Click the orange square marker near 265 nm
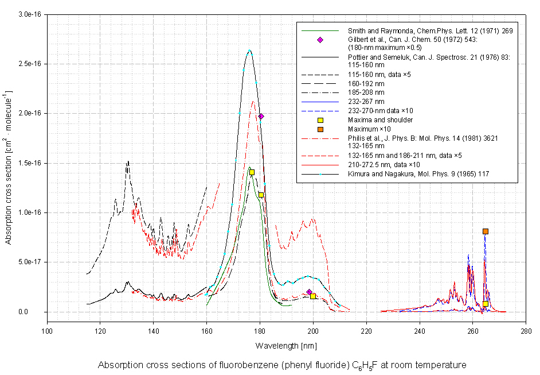(485, 231)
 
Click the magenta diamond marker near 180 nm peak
(261, 117)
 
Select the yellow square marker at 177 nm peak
(252, 172)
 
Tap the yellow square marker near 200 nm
(313, 296)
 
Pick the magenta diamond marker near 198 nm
(309, 292)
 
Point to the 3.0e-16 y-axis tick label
(30, 14)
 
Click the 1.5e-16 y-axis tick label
(30, 163)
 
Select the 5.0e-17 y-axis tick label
(30, 262)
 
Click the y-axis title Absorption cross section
(9, 167)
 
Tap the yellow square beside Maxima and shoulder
(320, 120)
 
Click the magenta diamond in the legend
(320, 40)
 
